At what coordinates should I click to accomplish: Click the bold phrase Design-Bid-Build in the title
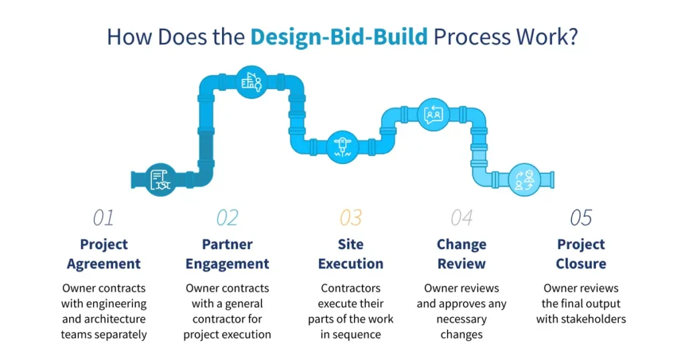(x=338, y=37)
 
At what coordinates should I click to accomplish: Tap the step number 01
(x=103, y=217)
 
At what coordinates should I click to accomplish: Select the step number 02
(x=227, y=217)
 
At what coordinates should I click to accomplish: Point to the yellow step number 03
(x=351, y=217)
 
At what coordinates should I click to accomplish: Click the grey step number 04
(x=462, y=217)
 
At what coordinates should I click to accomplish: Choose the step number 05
(x=581, y=217)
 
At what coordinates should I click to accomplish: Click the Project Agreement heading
(x=104, y=254)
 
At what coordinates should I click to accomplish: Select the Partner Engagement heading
(x=227, y=254)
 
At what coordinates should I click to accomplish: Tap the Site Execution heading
(x=351, y=254)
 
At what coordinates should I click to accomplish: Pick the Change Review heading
(x=462, y=254)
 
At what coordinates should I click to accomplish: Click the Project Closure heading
(x=581, y=254)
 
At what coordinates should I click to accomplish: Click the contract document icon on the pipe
(x=161, y=179)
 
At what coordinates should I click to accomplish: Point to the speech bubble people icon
(x=433, y=114)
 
